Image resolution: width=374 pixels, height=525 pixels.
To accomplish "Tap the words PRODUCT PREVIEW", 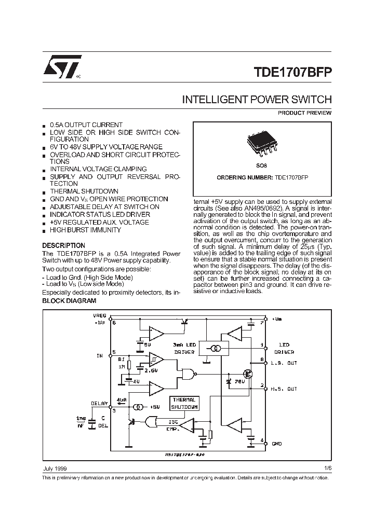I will pyautogui.click(x=304, y=113).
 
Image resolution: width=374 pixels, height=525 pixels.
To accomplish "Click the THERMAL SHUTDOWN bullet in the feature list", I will pyautogui.click(x=84, y=191).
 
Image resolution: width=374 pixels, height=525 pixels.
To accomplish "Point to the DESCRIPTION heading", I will pyautogui.click(x=63, y=245).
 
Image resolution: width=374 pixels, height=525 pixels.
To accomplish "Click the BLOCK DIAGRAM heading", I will pyautogui.click(x=69, y=301).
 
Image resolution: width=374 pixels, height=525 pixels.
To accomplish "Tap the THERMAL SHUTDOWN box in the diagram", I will pyautogui.click(x=184, y=404).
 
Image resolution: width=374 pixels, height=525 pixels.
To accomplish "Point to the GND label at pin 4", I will pyautogui.click(x=277, y=444).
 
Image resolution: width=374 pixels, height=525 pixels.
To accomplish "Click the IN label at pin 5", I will pyautogui.click(x=99, y=355).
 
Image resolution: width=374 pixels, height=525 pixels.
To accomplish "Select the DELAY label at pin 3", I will pyautogui.click(x=99, y=403).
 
